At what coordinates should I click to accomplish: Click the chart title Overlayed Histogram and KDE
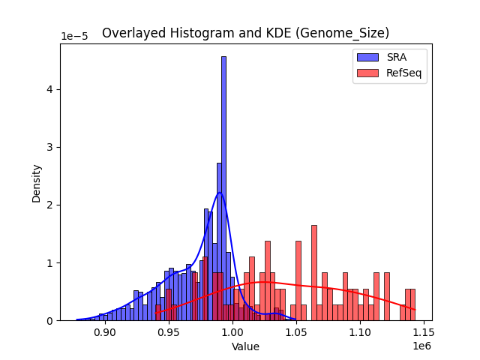(245, 33)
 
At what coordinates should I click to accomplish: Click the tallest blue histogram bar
(223, 187)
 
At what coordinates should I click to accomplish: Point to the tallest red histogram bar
(313, 274)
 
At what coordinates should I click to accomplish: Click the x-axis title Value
(245, 347)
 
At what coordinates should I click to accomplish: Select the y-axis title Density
(36, 182)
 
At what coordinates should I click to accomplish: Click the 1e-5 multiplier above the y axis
(73, 37)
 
